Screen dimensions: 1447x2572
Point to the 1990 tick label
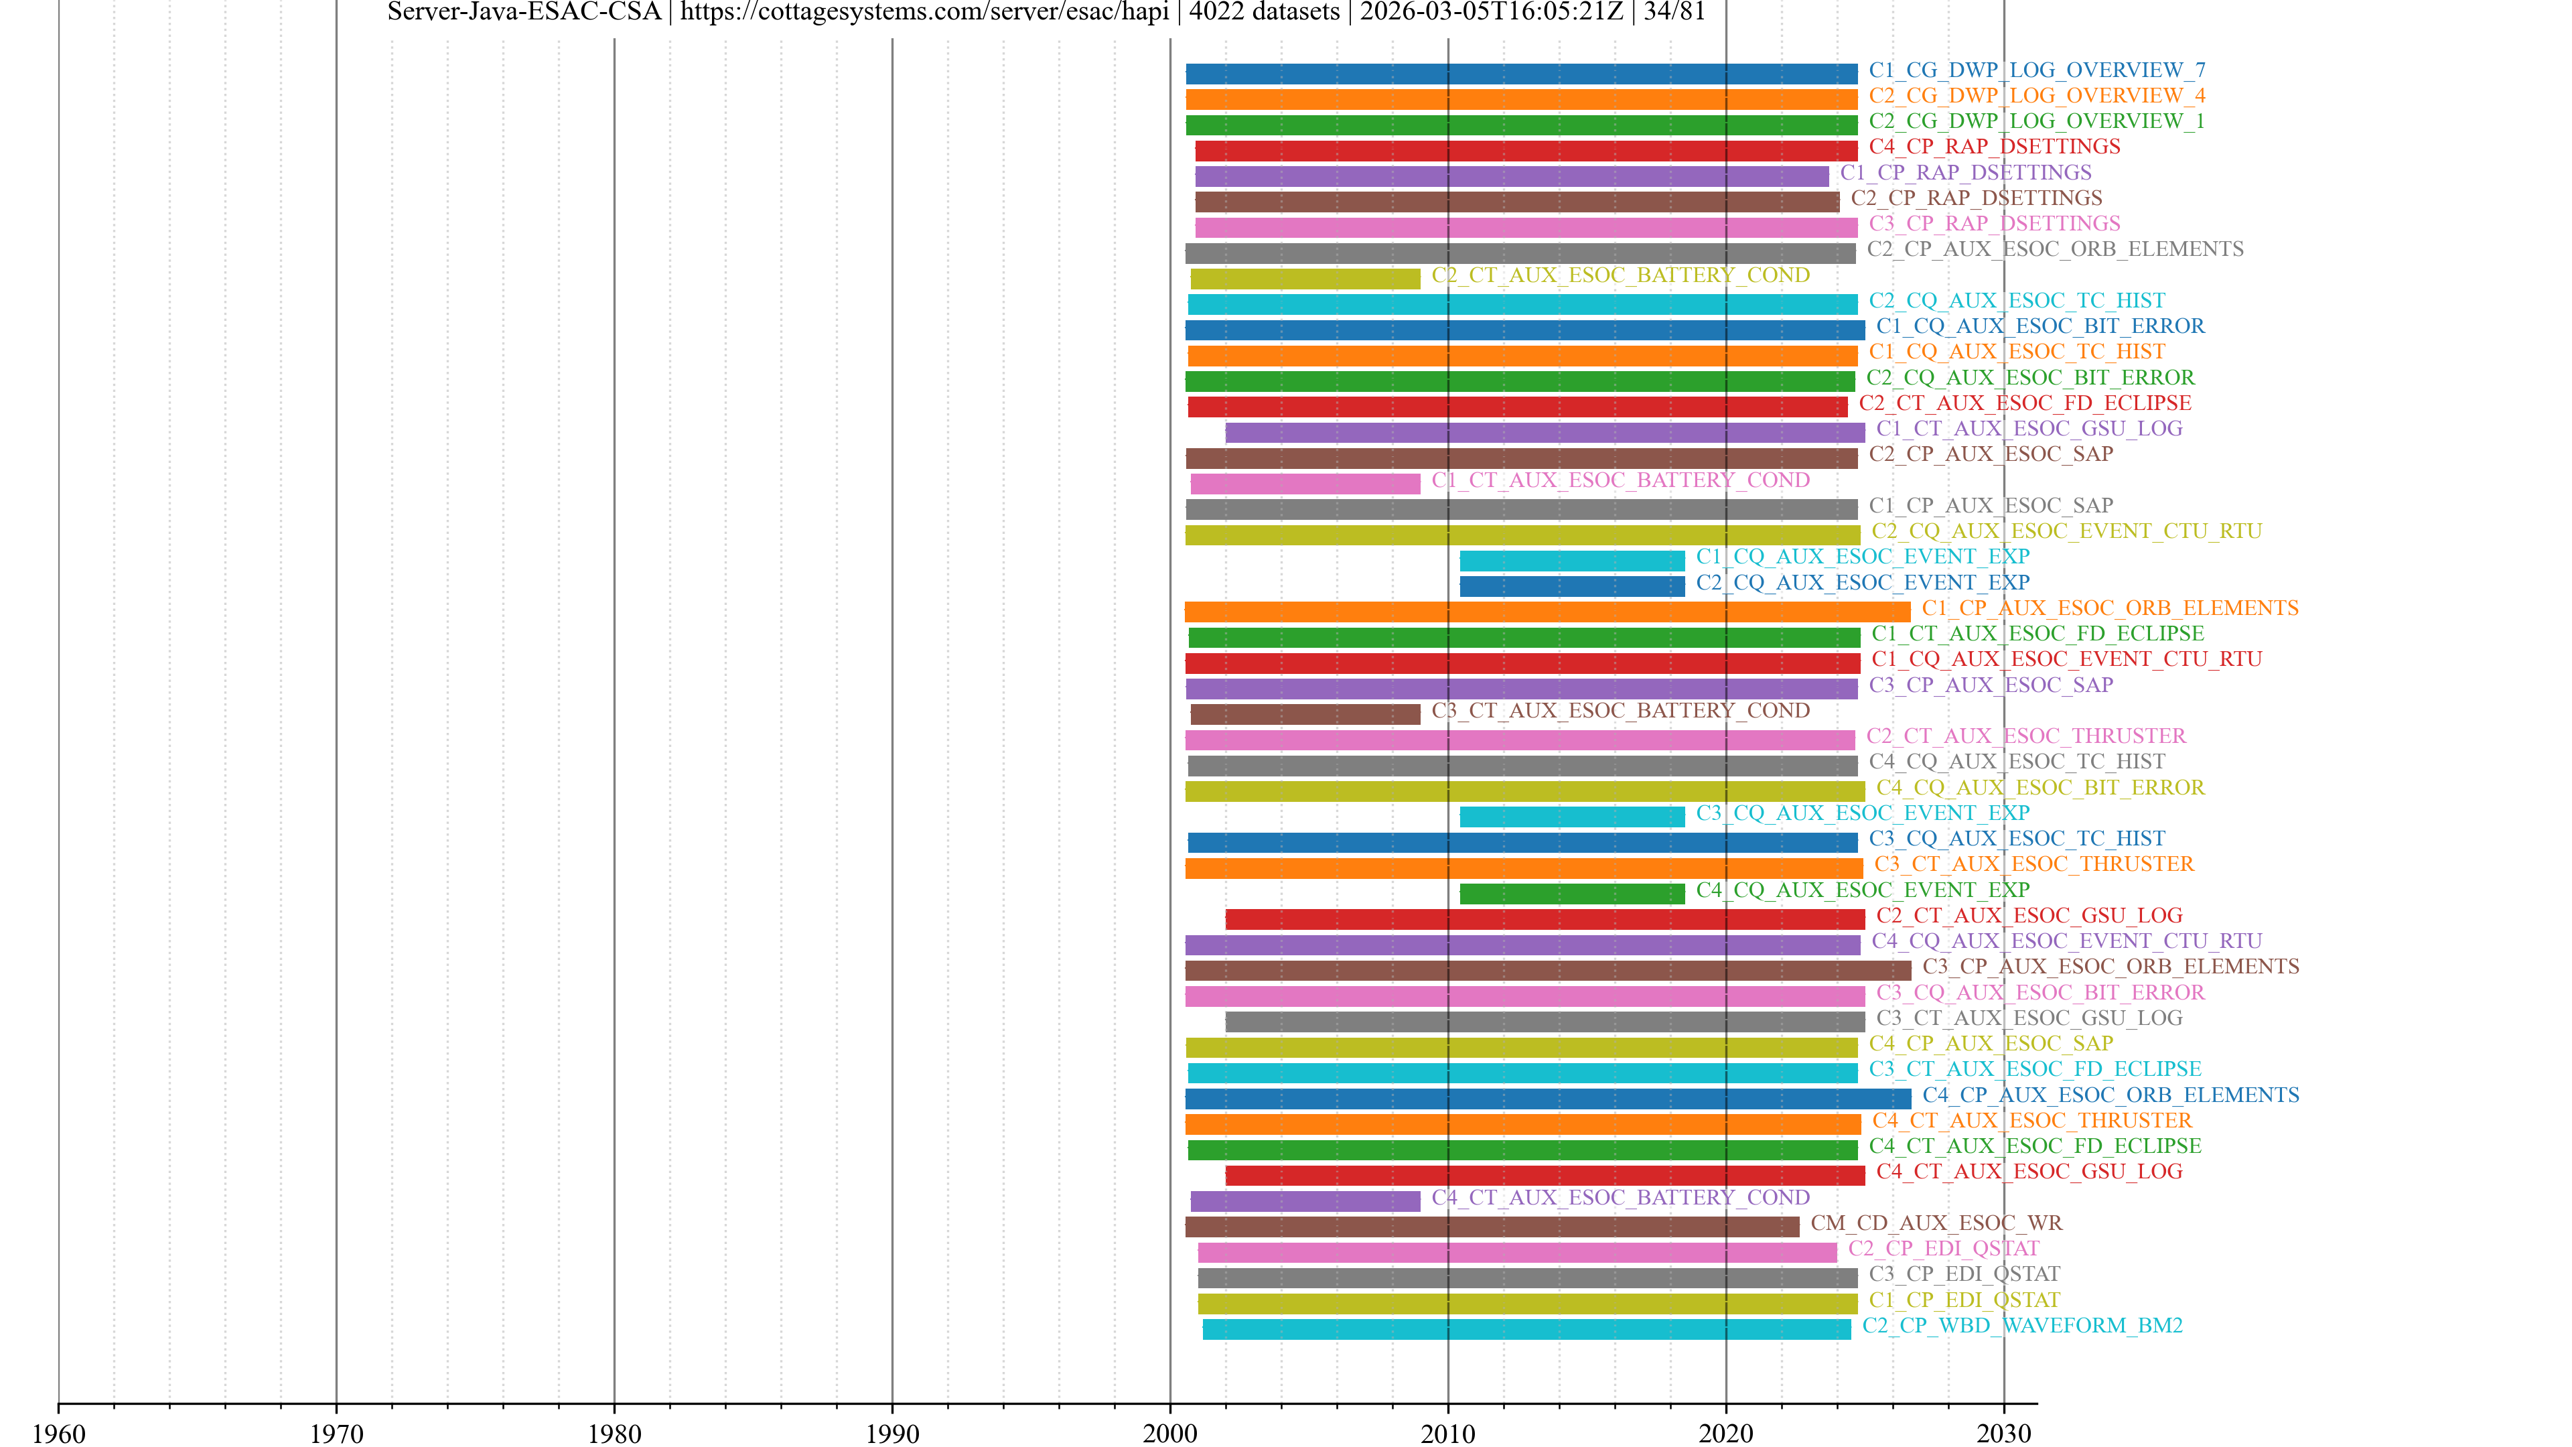coord(891,1433)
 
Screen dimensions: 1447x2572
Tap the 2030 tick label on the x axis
coord(2003,1433)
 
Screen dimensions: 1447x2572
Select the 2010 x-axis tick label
coord(1447,1433)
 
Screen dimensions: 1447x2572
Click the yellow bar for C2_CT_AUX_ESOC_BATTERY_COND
coord(1304,279)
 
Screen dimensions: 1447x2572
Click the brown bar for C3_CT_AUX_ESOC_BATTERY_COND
coord(1304,714)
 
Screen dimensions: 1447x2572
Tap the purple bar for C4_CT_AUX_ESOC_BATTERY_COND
coord(1304,1201)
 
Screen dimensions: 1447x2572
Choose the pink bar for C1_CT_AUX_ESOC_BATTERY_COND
coord(1304,483)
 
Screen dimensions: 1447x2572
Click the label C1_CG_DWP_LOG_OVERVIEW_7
coord(2037,70)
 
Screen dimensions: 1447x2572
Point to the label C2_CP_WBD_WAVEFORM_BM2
coord(2022,1325)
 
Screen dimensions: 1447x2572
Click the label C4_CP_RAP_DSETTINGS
coord(1994,147)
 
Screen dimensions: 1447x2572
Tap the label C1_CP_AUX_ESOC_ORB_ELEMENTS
coord(2110,608)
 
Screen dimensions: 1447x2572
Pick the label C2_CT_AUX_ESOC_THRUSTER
coord(2026,736)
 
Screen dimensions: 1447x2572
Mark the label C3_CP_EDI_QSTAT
coord(1964,1273)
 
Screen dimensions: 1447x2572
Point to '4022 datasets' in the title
coord(1263,12)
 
